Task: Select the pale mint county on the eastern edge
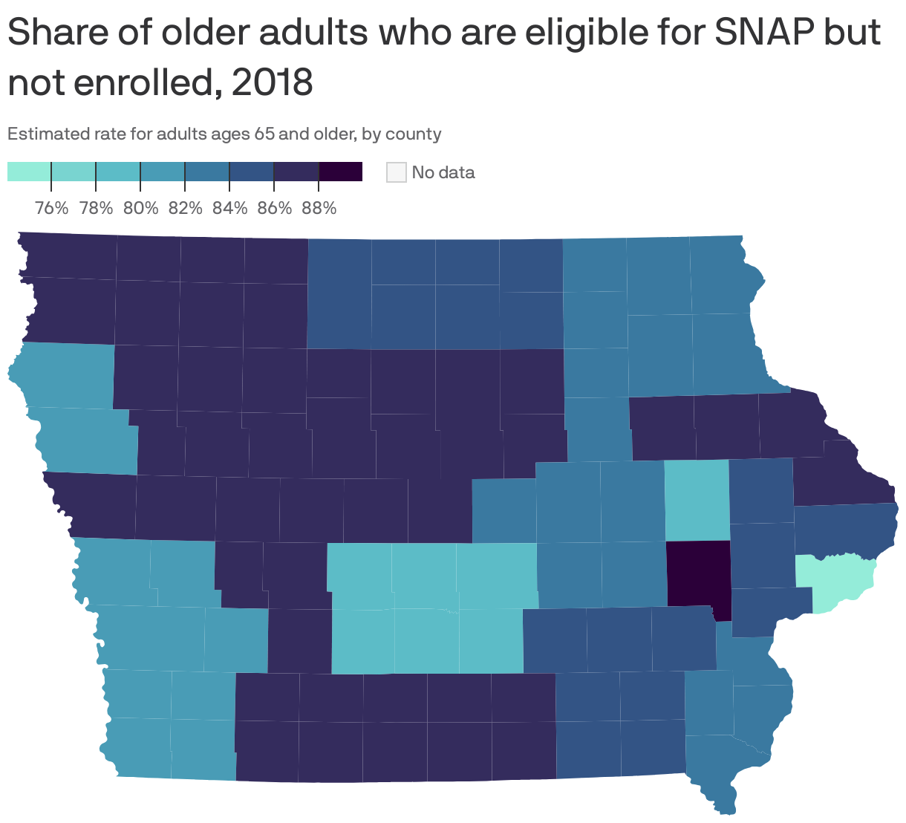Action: tap(835, 581)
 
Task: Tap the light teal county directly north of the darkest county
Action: tap(697, 499)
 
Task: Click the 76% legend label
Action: tap(51, 208)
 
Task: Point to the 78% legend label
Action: tap(96, 208)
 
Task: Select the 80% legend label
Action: tap(140, 208)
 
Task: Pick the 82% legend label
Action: tap(185, 208)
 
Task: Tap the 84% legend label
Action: tap(229, 208)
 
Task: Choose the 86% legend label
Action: tap(274, 208)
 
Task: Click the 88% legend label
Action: tap(319, 208)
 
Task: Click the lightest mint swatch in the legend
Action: tap(29, 172)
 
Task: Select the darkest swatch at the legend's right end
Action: tap(340, 172)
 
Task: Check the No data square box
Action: tap(396, 172)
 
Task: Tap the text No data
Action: tap(443, 172)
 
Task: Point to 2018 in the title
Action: tap(272, 83)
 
